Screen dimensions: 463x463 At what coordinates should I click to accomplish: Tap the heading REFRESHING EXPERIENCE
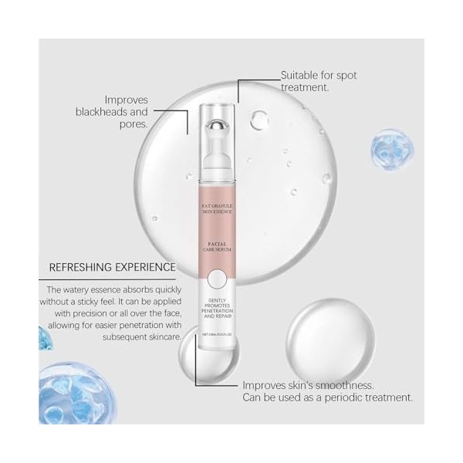[x=113, y=268]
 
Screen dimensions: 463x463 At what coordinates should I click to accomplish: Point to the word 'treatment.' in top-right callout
[x=305, y=89]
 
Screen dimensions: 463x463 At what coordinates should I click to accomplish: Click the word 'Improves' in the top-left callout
[x=127, y=100]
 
